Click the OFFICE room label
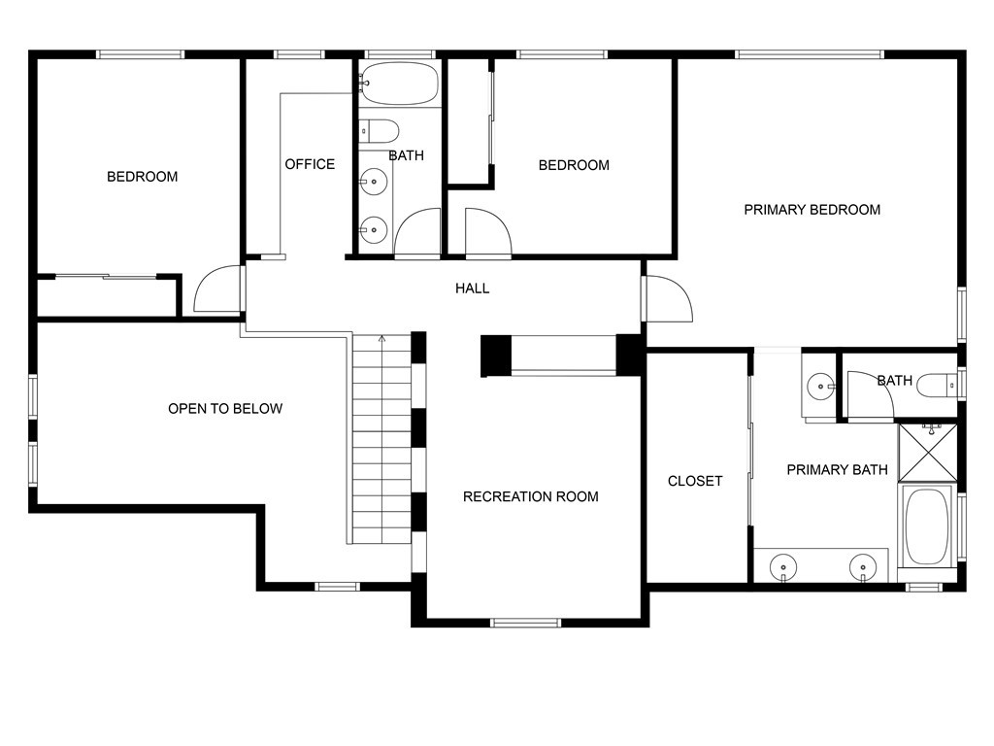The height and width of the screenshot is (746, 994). tap(310, 164)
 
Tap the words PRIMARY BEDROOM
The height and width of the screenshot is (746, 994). tap(812, 210)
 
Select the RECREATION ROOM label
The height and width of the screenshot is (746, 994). tap(531, 496)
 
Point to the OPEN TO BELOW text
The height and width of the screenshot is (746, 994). tap(225, 409)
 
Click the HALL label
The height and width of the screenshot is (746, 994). tap(473, 288)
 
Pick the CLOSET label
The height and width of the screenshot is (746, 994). tap(695, 481)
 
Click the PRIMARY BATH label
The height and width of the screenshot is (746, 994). tap(837, 470)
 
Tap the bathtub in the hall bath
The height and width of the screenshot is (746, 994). tap(399, 84)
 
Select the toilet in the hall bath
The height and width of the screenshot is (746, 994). tap(380, 131)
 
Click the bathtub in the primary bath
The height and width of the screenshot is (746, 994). tap(927, 526)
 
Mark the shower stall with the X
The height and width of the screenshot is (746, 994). tap(927, 453)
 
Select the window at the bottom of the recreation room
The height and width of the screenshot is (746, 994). tap(525, 623)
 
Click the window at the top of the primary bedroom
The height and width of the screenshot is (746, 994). tap(810, 54)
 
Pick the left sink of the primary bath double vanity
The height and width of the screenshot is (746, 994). tap(783, 566)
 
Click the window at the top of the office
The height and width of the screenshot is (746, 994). tap(299, 54)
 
